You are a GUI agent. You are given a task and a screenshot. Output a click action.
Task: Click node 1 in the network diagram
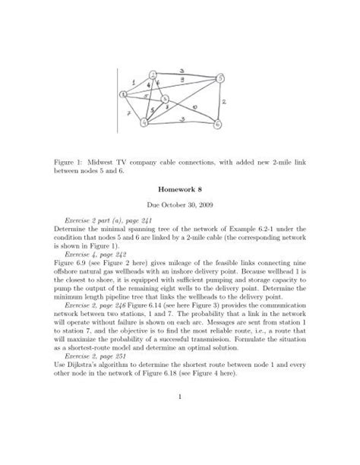click(x=124, y=94)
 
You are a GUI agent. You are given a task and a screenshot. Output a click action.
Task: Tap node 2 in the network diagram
click(x=153, y=74)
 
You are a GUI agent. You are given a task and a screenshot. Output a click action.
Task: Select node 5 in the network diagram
click(x=220, y=78)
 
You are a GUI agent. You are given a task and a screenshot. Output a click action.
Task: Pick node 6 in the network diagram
click(x=218, y=123)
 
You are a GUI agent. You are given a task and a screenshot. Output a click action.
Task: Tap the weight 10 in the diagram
click(x=196, y=107)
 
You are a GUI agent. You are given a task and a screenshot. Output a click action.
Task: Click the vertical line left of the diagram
click(x=116, y=98)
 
